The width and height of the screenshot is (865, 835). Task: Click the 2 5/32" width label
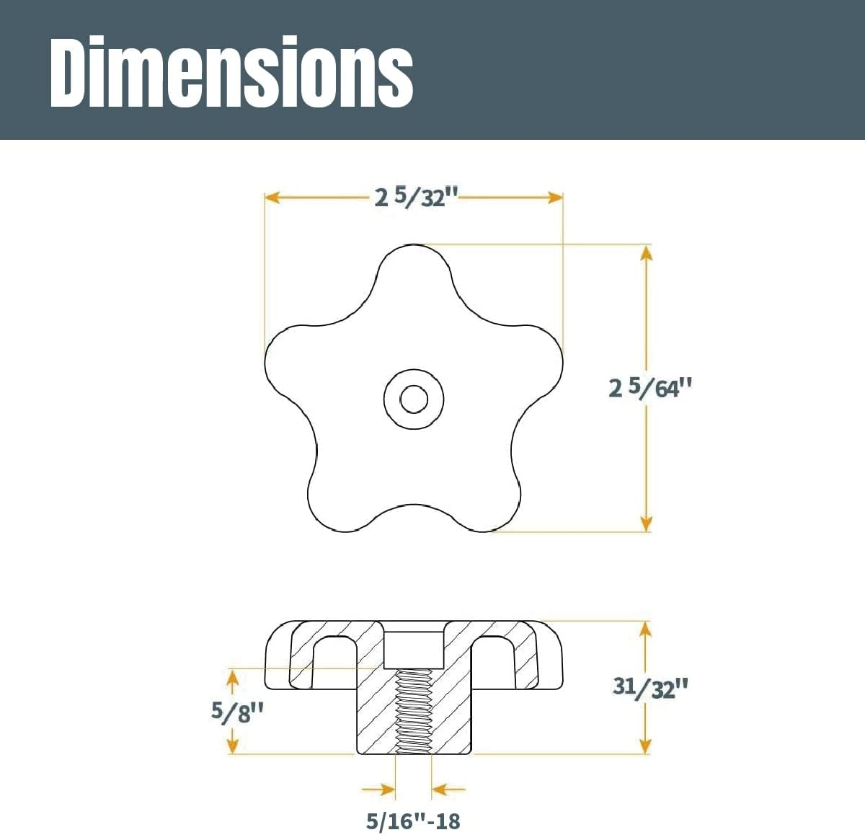(x=417, y=197)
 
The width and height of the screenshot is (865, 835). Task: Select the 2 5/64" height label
(x=650, y=388)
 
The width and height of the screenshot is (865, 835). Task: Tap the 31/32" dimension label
(x=650, y=686)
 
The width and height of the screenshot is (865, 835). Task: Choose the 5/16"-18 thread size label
(x=413, y=821)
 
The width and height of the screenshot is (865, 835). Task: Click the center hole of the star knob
(x=413, y=398)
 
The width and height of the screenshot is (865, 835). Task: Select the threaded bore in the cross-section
(x=413, y=711)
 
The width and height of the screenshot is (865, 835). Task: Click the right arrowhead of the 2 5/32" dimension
(x=555, y=198)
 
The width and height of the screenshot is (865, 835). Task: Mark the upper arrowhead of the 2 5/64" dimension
(x=646, y=253)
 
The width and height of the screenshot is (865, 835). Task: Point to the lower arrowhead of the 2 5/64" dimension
(x=646, y=523)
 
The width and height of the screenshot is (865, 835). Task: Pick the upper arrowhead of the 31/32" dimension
(x=646, y=629)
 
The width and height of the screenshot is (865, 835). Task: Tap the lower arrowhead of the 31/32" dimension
(x=646, y=746)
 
